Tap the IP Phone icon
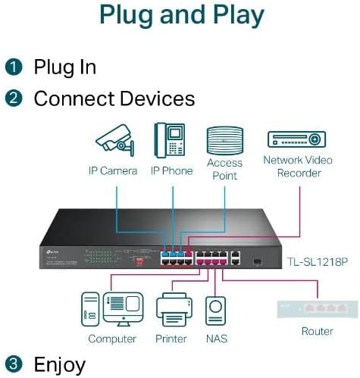(171, 139)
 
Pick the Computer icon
(111, 309)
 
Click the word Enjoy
(59, 364)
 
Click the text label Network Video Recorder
(298, 166)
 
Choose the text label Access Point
(225, 169)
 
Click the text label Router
(317, 331)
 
